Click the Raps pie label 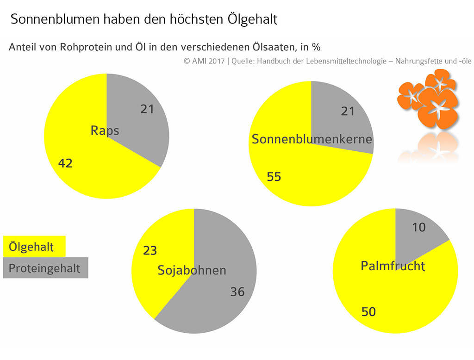coord(105,130)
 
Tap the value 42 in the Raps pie coord(65,163)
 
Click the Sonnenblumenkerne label coord(312,139)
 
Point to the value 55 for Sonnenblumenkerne coord(274,177)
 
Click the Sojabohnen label coord(192,270)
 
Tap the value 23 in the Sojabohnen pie coord(150,250)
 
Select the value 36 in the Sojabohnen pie coord(237,292)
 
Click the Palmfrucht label coord(393,266)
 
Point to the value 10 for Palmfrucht coord(418,227)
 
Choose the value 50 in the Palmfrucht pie coord(368,312)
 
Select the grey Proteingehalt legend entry coord(45,268)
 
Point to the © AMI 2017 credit coord(204,61)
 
